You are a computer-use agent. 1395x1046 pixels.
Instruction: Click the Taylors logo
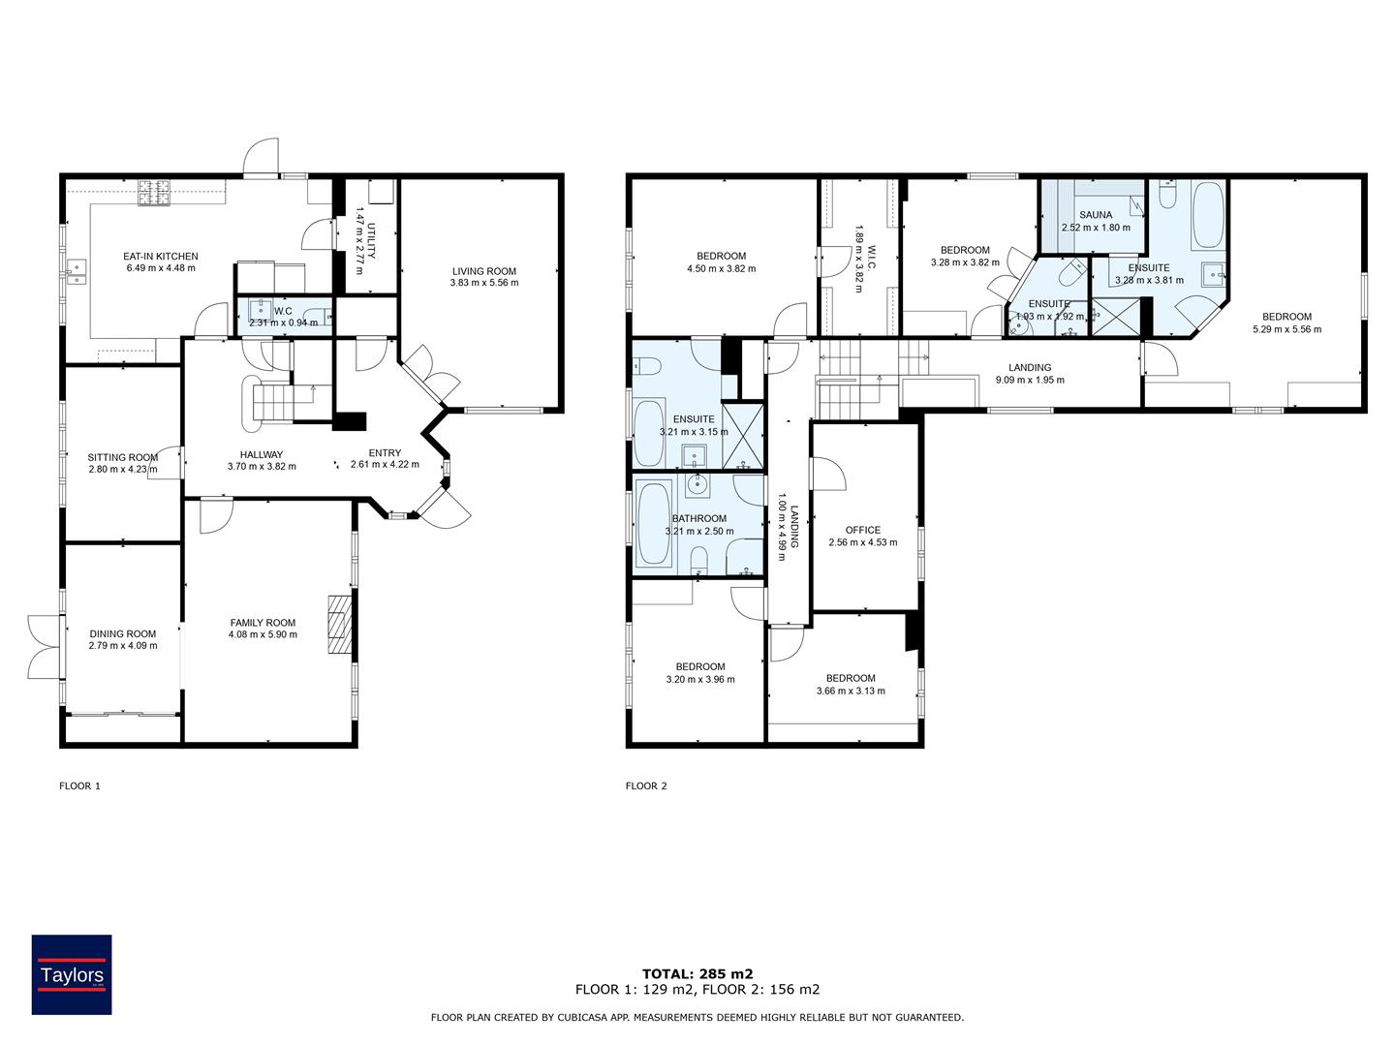[72, 974]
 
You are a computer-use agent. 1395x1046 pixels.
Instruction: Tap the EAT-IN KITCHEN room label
[161, 257]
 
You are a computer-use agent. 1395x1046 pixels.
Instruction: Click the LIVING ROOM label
[483, 271]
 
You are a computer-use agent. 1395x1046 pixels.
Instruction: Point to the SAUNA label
[1096, 215]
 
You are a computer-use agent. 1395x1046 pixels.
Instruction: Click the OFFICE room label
[862, 530]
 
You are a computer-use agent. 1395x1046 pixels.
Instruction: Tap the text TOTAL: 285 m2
[697, 973]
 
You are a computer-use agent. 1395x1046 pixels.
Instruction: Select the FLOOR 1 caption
[79, 786]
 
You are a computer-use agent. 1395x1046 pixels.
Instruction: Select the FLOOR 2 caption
[646, 786]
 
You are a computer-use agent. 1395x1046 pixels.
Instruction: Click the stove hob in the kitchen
[153, 193]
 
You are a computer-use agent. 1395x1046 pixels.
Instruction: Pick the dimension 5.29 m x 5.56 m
[1286, 329]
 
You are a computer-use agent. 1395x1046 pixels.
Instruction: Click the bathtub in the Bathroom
[655, 524]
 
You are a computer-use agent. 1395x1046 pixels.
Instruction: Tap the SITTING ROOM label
[122, 457]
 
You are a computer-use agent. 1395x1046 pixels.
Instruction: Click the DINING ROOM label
[122, 633]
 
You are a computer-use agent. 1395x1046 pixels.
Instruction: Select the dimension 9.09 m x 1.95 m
[1029, 381]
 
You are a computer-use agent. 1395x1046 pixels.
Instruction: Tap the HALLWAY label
[262, 454]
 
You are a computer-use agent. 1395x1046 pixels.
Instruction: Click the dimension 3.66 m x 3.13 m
[851, 691]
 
